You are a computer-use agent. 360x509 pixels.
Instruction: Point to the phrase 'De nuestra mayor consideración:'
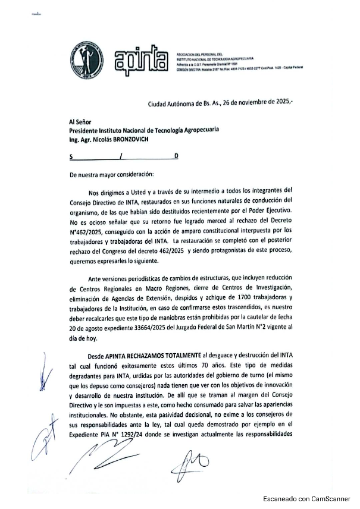click(x=111, y=175)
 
